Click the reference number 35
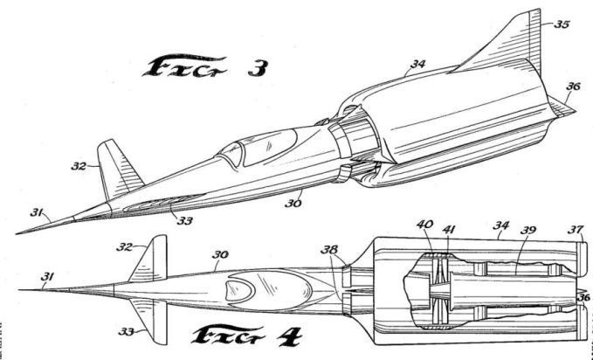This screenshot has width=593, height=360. coord(562,24)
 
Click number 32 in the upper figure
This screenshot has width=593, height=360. coord(78,163)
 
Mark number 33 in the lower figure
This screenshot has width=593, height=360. coord(129,333)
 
